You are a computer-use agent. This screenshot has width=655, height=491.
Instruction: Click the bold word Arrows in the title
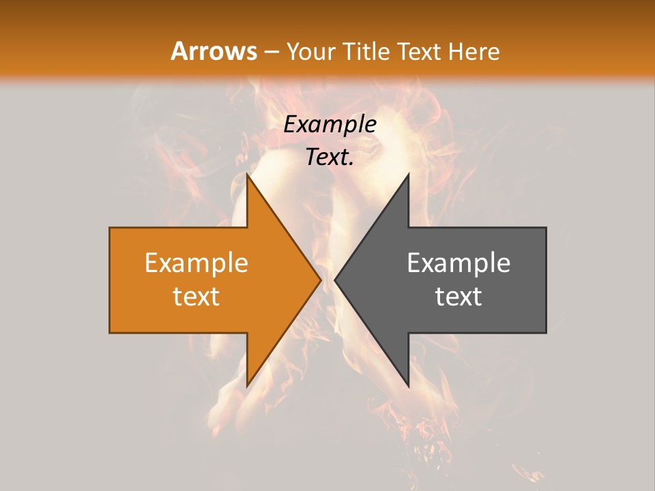coord(214,51)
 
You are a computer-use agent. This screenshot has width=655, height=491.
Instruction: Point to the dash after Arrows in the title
coord(271,52)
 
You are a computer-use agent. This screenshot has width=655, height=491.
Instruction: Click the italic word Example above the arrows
coord(330,124)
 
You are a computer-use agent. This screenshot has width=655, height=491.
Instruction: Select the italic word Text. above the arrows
coord(330,157)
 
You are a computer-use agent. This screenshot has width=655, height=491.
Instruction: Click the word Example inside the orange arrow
coord(196,263)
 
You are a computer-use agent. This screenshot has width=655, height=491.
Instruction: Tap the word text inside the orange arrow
coord(196,296)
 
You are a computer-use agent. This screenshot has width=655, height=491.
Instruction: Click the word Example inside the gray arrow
coord(458,263)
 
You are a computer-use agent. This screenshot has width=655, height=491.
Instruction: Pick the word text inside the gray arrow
coord(458,296)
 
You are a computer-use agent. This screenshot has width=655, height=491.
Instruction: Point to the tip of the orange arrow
coord(321,280)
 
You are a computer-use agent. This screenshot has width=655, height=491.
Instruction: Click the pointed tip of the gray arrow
coord(335,280)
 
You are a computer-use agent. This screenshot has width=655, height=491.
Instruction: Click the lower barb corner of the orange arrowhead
coord(248,386)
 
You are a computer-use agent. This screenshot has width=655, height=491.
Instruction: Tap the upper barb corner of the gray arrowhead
coord(408,175)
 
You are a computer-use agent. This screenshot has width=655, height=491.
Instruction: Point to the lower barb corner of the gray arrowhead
coord(408,386)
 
